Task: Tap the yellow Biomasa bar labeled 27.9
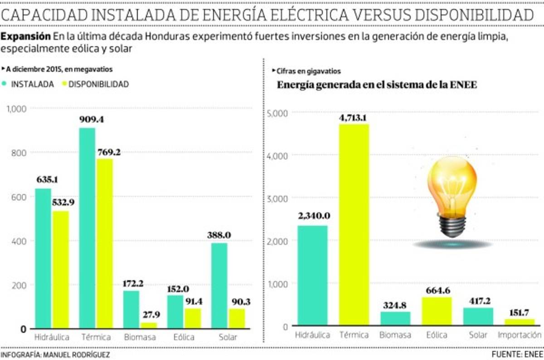(x=148, y=325)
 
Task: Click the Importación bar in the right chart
(x=520, y=322)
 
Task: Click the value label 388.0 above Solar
(x=219, y=235)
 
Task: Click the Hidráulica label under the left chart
(x=52, y=337)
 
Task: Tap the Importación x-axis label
(x=520, y=336)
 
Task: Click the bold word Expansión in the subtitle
(x=25, y=36)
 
